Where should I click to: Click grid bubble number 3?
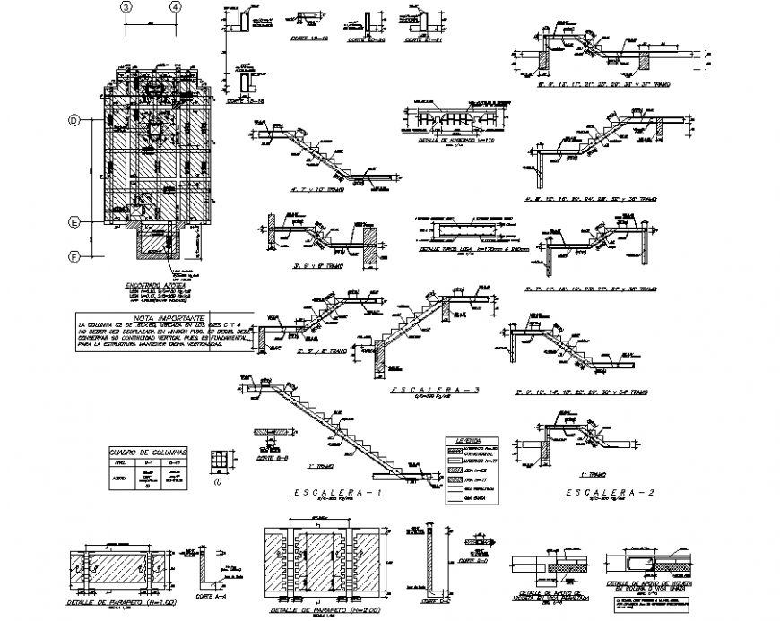(127, 7)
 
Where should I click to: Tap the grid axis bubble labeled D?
(75, 120)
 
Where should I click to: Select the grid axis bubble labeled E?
(75, 221)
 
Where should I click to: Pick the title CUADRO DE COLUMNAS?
(146, 453)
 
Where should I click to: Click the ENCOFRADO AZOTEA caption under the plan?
(156, 285)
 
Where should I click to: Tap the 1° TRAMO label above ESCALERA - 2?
(592, 474)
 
